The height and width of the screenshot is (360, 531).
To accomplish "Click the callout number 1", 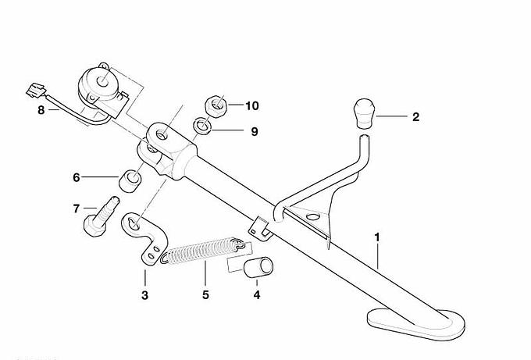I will click(377, 235).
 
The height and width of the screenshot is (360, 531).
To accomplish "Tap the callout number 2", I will click(415, 117).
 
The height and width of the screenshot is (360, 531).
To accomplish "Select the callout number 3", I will click(144, 295).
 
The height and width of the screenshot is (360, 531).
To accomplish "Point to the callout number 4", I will click(257, 295).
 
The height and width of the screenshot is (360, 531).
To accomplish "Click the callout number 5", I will click(205, 295).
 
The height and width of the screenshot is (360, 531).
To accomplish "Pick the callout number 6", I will click(77, 178).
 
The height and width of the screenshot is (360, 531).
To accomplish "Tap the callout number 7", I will click(77, 209).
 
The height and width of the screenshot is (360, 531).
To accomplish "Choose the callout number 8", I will click(41, 110).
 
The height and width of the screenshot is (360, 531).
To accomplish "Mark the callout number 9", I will click(254, 131).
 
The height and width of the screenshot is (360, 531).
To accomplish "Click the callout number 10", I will click(251, 105).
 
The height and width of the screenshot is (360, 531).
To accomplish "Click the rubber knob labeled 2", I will click(364, 112).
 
